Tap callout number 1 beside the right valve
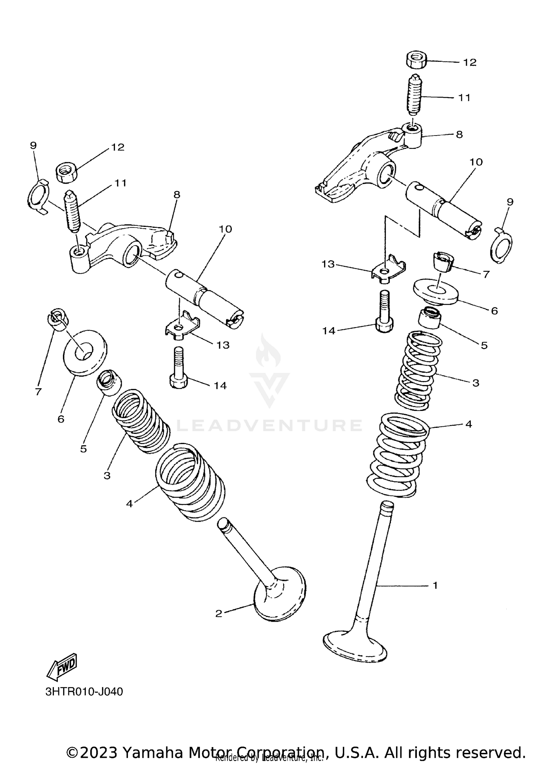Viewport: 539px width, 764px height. (435, 585)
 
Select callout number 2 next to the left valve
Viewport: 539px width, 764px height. (219, 613)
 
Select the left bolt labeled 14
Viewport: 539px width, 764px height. (178, 370)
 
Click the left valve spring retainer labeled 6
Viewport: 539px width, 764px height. (86, 352)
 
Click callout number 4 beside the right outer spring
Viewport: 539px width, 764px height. (468, 424)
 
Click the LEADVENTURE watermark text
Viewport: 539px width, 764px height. (269, 425)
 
